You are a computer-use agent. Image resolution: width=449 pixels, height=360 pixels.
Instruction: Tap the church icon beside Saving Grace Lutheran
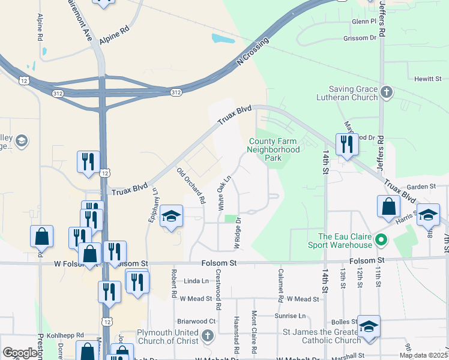coord(387,92)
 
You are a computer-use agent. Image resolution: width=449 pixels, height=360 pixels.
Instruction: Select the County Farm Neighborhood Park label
coord(274,150)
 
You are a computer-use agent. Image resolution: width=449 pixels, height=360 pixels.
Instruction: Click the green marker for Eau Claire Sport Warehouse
coord(380,241)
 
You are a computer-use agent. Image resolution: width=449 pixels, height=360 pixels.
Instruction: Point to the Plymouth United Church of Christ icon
coord(207,335)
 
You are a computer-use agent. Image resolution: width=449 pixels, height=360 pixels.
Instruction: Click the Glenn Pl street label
coord(364,21)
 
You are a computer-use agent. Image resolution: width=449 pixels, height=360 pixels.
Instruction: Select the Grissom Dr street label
coord(360,38)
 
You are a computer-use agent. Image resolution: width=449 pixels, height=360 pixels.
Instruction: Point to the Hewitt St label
coord(428,79)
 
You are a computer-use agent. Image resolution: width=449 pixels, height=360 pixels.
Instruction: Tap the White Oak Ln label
coord(224,191)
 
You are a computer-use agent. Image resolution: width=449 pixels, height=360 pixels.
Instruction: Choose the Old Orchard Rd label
coord(191,185)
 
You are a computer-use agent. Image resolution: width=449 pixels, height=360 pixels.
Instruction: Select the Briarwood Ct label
coord(196,321)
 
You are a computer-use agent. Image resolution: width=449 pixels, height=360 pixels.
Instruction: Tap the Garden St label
coord(420,187)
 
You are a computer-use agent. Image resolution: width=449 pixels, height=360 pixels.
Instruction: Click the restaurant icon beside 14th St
coord(346,145)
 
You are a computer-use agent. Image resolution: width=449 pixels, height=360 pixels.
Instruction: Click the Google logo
coord(20,353)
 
